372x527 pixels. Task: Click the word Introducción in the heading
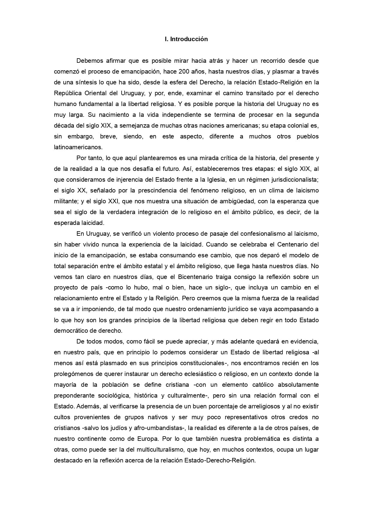pyautogui.click(x=189, y=39)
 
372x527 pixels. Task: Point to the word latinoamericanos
pyautogui.click(x=78, y=147)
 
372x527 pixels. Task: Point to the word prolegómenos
pyautogui.click(x=73, y=374)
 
